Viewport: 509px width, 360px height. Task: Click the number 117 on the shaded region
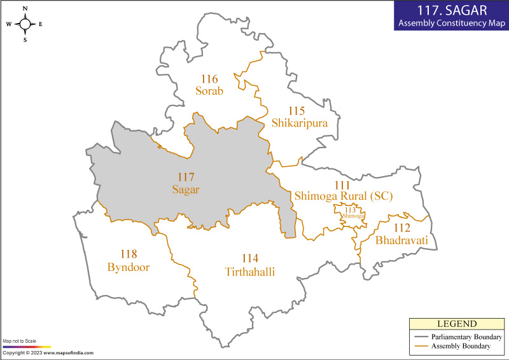[x=186, y=177]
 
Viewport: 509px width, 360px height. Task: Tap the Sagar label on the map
[x=186, y=189]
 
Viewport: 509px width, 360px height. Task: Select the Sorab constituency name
[x=209, y=91]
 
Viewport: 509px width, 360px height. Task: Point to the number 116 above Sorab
[x=209, y=79]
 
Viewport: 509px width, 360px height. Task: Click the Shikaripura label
[x=299, y=123]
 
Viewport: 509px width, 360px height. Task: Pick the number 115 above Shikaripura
[x=296, y=111]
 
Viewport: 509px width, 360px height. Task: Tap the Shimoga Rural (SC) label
[x=343, y=197]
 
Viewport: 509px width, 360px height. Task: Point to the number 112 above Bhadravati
[x=401, y=228]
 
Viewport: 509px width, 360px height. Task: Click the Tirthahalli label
[x=250, y=271]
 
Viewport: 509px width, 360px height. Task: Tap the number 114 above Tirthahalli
[x=250, y=258]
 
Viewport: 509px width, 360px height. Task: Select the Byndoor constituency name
[x=128, y=267]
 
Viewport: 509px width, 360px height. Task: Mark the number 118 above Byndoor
[x=128, y=254]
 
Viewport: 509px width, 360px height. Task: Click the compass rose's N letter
[x=25, y=8]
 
